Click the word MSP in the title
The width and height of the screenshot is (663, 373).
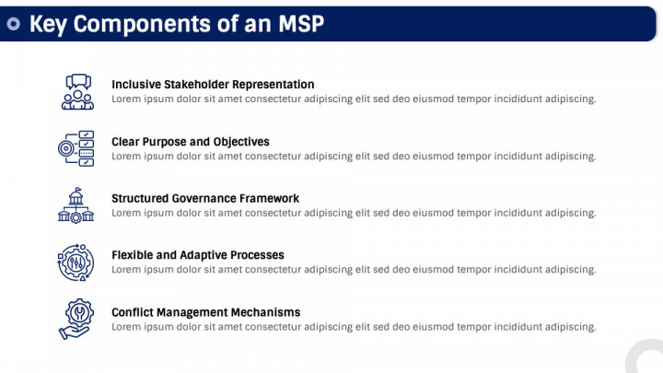coord(300,24)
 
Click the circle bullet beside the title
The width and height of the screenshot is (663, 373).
coord(14,24)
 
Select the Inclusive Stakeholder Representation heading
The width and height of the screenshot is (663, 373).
coord(213,85)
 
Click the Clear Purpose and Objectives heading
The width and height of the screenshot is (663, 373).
coord(191,142)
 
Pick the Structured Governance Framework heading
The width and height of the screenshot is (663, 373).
coord(205,198)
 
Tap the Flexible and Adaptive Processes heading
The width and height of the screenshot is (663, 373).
coord(198,255)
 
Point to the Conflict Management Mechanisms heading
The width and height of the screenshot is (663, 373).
coord(206,312)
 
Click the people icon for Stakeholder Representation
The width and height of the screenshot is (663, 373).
coord(77,92)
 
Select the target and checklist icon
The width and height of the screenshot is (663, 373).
coord(76,148)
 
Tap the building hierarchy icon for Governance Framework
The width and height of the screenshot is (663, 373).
coord(76,205)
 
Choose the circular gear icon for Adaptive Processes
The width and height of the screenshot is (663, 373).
coord(76,262)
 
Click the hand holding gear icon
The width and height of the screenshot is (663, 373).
coord(76,319)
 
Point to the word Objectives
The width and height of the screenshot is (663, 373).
coord(241,142)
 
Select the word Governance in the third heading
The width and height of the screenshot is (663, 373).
coord(204,198)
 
